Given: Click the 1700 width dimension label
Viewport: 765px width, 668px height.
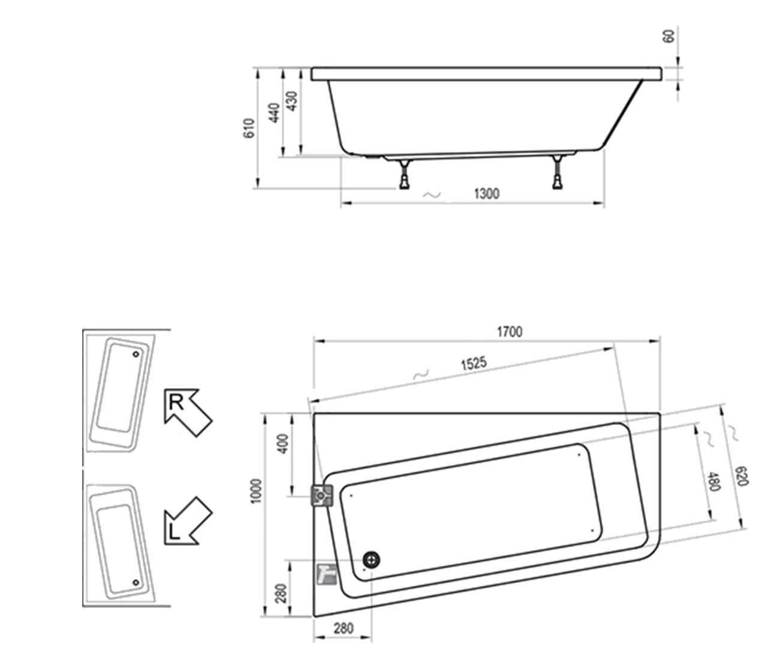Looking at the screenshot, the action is click(x=509, y=332).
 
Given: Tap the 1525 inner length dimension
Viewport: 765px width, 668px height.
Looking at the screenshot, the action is click(x=474, y=363).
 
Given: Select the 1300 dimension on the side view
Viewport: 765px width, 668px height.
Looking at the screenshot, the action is click(x=486, y=193).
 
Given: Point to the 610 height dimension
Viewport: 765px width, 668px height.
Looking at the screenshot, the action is click(x=249, y=128).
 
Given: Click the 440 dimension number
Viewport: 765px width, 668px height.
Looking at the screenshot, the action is click(x=275, y=113).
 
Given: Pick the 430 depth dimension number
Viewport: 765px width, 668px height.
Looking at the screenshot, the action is click(x=291, y=101).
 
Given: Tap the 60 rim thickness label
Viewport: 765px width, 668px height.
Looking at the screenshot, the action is click(x=668, y=36).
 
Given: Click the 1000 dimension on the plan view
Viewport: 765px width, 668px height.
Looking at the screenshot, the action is click(x=257, y=490).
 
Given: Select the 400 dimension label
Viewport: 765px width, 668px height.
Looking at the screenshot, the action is click(x=284, y=444).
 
